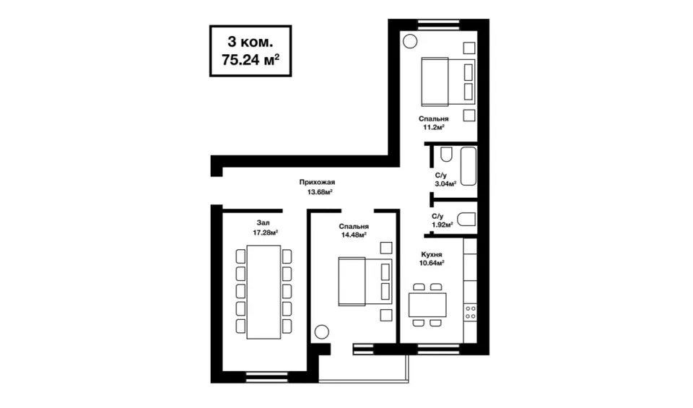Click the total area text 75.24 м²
click(250, 60)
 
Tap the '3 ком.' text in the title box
click(250, 42)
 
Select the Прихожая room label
click(317, 182)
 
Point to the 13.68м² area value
click(320, 192)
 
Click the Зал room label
click(263, 223)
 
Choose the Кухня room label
click(432, 255)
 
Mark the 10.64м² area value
click(432, 263)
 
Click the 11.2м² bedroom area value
click(434, 127)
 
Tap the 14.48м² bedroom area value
click(354, 235)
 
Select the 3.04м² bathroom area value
click(445, 184)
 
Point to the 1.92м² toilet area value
click(443, 225)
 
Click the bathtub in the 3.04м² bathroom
click(468, 166)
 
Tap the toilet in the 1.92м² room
click(466, 220)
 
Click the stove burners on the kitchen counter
click(470, 312)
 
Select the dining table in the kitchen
click(427, 305)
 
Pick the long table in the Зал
click(263, 292)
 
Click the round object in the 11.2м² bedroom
click(410, 41)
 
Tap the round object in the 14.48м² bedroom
click(322, 332)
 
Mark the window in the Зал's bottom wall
click(266, 377)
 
